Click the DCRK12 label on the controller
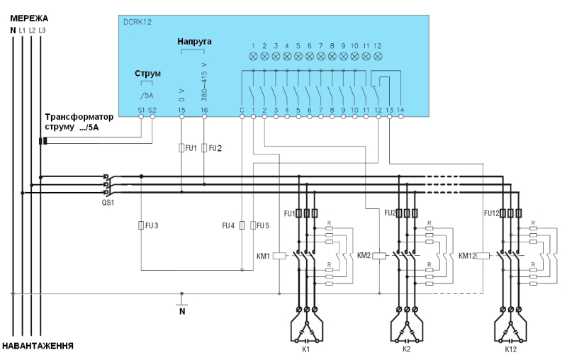(137, 22)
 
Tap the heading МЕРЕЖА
(29, 18)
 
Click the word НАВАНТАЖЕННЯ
(38, 346)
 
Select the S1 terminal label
(141, 110)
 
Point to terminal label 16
(204, 110)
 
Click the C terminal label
(242, 110)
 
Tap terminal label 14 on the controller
(400, 110)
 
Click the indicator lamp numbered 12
(378, 57)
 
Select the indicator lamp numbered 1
(253, 57)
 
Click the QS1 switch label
(108, 203)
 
